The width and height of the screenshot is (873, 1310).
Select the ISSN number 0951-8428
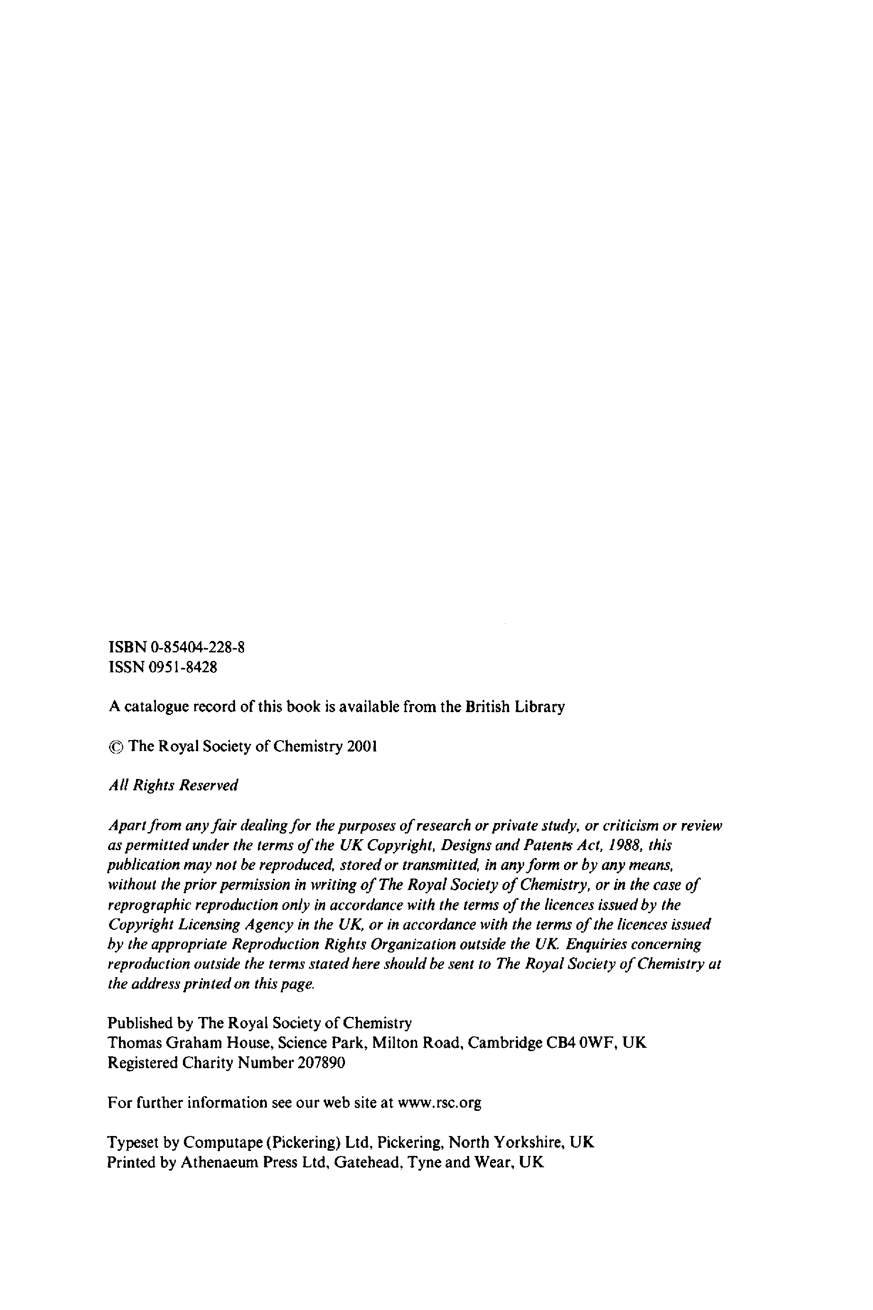(x=183, y=667)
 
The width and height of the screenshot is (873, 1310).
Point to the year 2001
(x=362, y=746)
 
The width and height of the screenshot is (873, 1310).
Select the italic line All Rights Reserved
(x=173, y=785)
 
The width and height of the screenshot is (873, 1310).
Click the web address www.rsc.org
(x=440, y=1102)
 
